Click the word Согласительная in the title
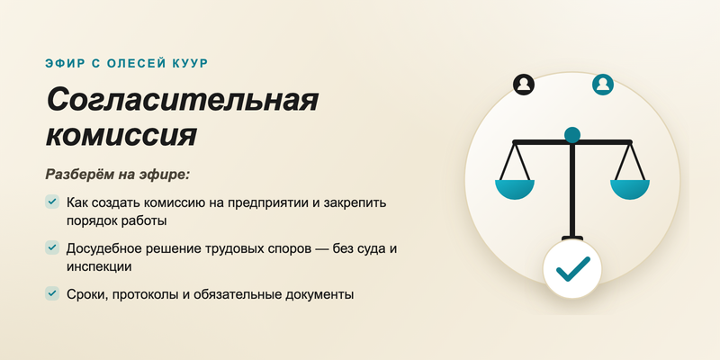coord(183,101)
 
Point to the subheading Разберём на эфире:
coord(118,175)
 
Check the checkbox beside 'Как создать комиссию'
coord(52,202)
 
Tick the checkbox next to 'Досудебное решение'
coord(52,247)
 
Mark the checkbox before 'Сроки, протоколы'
coord(52,293)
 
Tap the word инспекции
coord(99,266)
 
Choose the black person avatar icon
coord(524,85)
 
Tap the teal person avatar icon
coord(603,85)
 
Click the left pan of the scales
coord(515,189)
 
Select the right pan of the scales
coord(630,189)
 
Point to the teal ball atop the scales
coord(572,135)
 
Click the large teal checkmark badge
coord(572,268)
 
